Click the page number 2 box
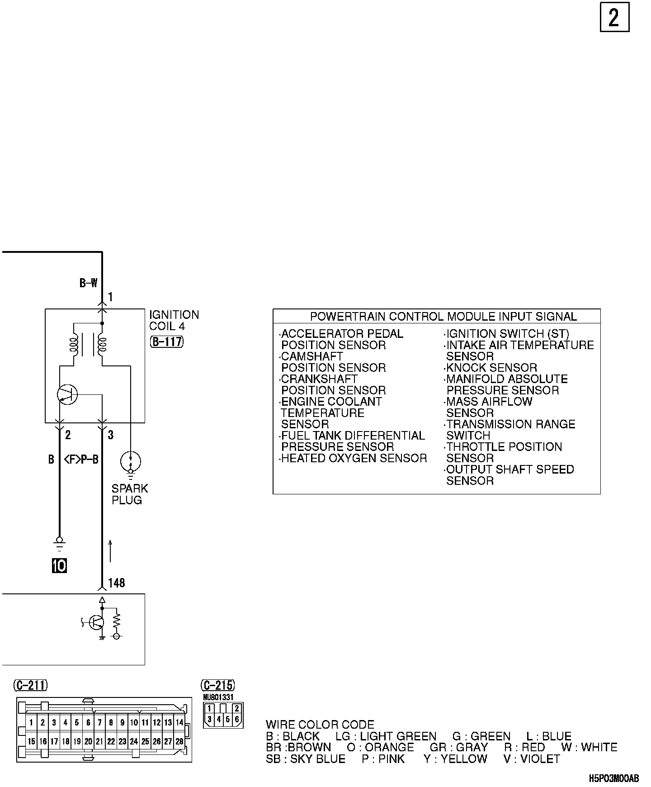614,18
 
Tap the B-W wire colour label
89,283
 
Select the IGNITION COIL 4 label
174,320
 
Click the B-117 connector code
166,341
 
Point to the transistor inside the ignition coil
68,395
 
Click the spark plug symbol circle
131,462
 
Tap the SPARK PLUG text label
130,494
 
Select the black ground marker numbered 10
60,565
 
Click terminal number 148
117,583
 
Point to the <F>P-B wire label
81,460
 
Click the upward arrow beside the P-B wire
110,550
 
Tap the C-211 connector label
31,686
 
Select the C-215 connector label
219,686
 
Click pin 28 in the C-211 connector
179,742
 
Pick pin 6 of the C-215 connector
237,719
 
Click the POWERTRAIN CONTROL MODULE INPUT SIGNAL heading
443,317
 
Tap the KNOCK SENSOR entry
491,368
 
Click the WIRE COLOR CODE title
320,725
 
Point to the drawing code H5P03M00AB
614,778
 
